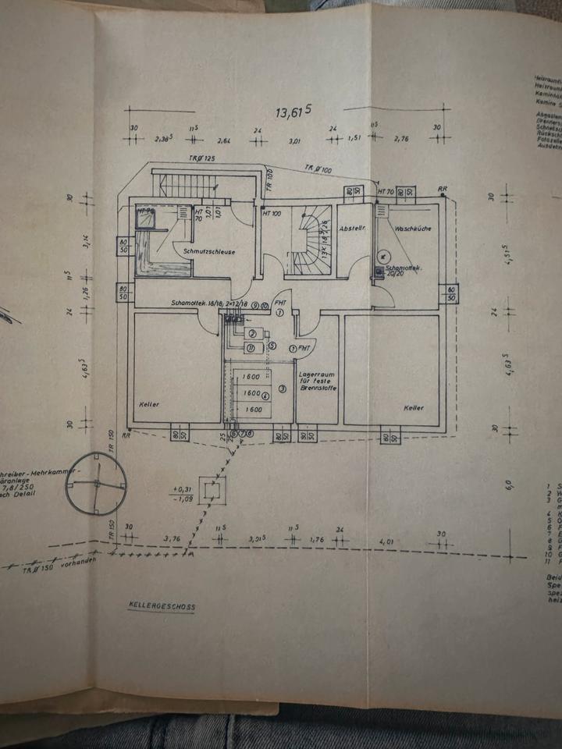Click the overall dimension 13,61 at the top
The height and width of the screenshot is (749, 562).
click(293, 112)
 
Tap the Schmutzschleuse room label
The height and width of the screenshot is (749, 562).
click(205, 253)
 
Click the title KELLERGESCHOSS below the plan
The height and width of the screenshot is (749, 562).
click(162, 606)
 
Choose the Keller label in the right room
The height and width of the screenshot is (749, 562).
click(414, 407)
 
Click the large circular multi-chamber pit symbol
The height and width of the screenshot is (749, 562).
click(96, 484)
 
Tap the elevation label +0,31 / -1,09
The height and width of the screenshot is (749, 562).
click(184, 494)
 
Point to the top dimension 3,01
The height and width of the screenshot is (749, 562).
click(295, 142)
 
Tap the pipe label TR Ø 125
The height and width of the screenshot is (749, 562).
click(201, 158)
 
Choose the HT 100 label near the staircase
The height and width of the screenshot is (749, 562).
click(272, 213)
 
